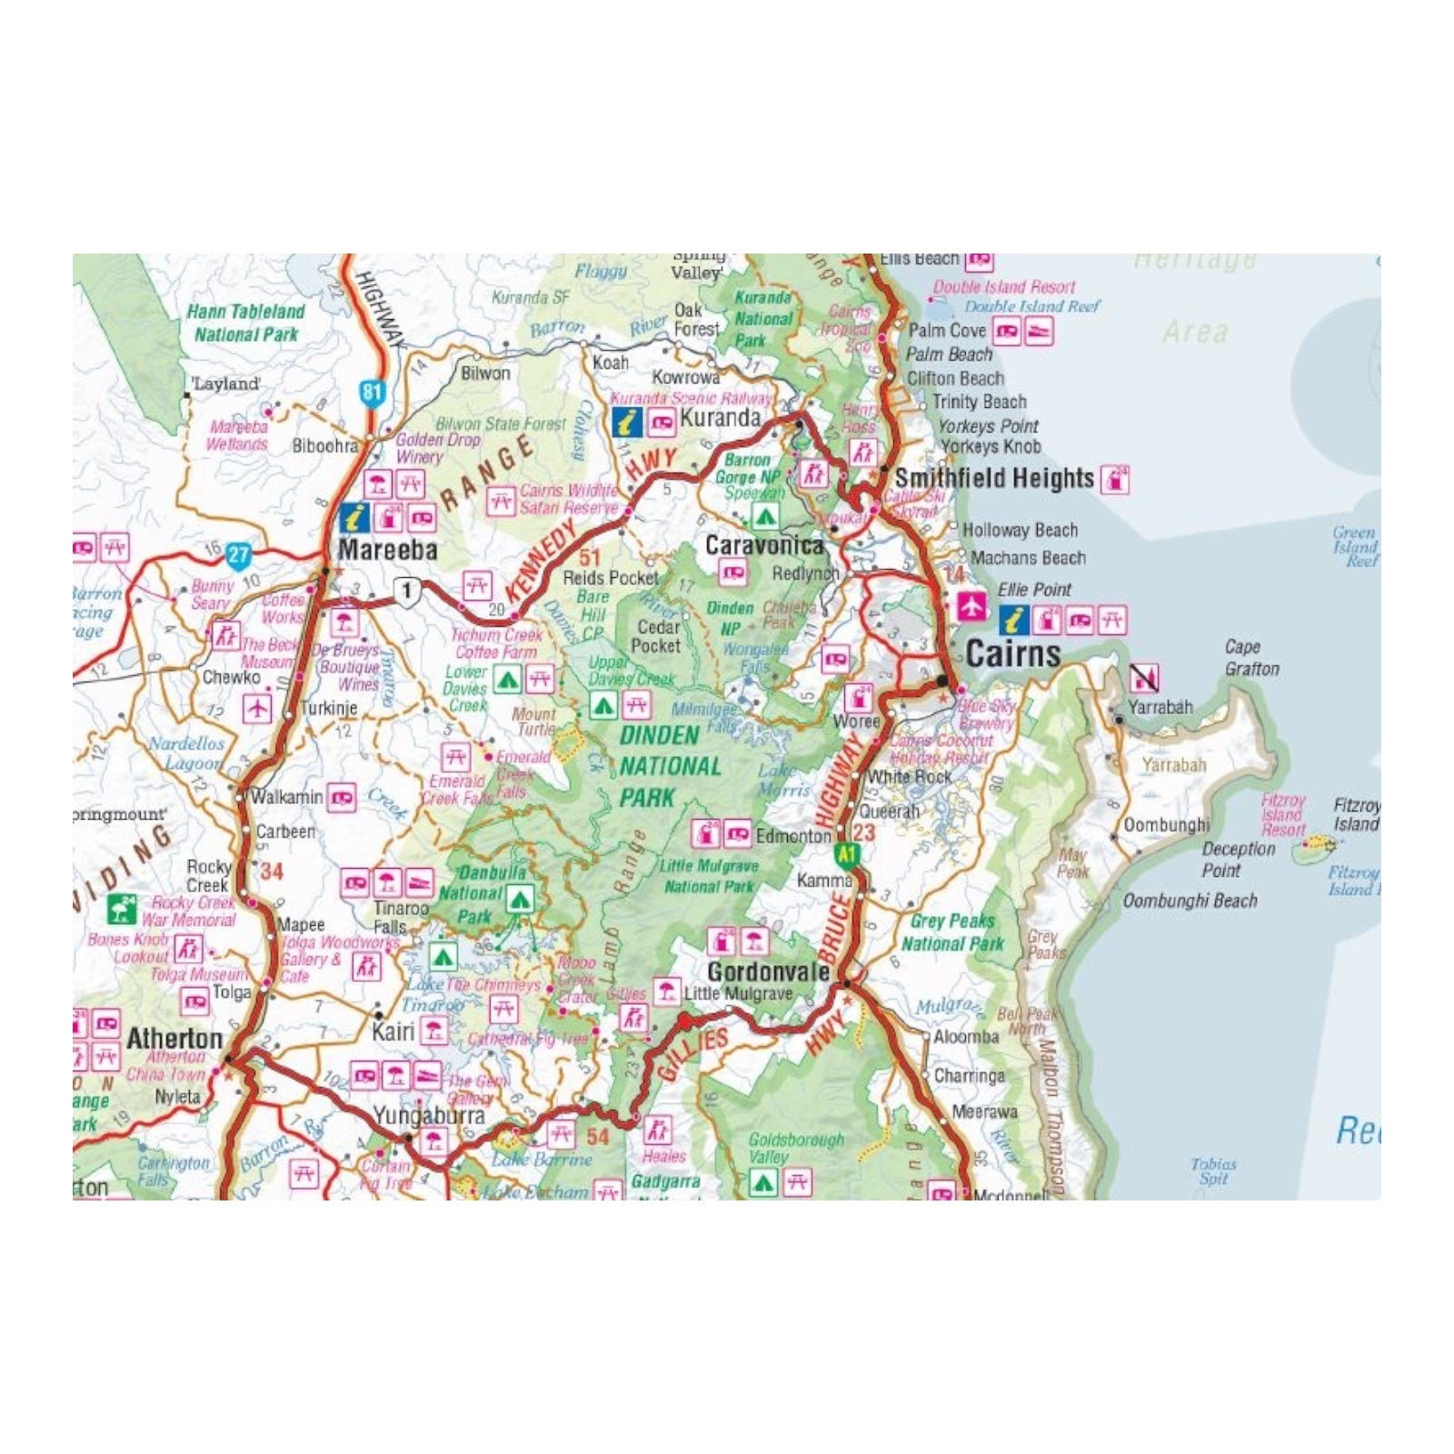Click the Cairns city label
point(1012,654)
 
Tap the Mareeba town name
point(388,550)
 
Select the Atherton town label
point(174,1038)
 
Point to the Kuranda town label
point(720,418)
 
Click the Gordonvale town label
point(768,971)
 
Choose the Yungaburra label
point(429,1116)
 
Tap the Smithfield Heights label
point(994,478)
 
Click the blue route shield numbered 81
point(372,393)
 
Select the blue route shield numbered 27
point(238,555)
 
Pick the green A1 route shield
point(847,854)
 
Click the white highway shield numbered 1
point(406,591)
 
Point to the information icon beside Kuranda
point(626,421)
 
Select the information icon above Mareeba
point(354,518)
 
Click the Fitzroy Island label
point(1356,814)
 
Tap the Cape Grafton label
point(1251,658)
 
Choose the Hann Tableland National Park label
point(245,323)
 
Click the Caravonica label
point(764,545)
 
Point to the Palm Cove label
point(947,331)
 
